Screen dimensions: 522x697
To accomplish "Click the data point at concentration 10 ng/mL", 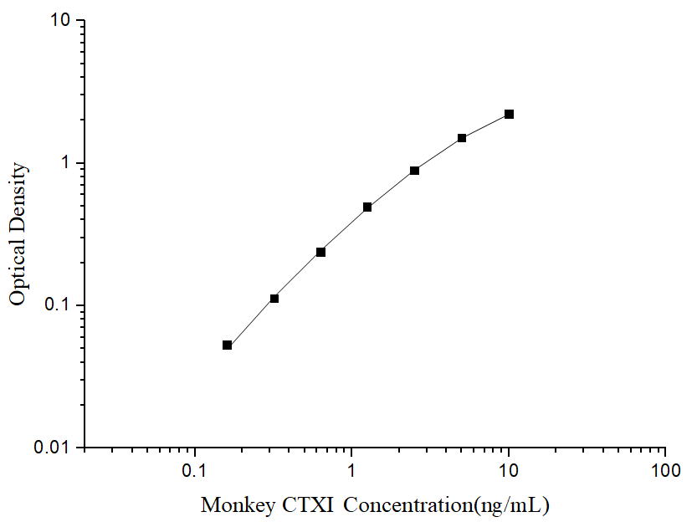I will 509,114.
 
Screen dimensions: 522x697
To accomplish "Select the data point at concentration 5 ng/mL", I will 462,138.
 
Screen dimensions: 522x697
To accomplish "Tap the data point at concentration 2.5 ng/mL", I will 414,171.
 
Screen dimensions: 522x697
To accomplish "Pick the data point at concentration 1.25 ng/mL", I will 367,207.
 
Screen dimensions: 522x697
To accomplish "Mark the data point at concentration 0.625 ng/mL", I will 320,252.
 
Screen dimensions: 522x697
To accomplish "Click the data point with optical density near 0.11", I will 274,299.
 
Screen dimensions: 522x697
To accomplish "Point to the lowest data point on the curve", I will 227,345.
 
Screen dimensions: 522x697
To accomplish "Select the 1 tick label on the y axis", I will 69,163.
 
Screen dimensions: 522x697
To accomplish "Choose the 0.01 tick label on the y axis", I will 55,448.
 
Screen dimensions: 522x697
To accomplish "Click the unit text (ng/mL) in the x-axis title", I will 511,505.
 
